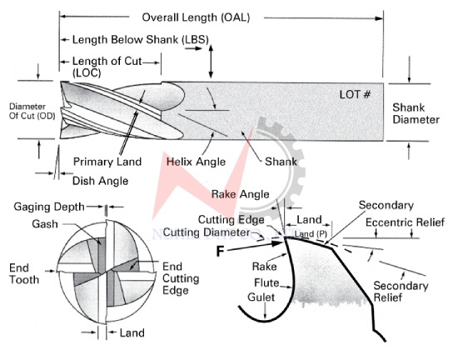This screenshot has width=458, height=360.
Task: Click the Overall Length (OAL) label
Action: click(x=196, y=17)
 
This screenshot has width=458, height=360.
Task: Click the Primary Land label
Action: click(x=107, y=162)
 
